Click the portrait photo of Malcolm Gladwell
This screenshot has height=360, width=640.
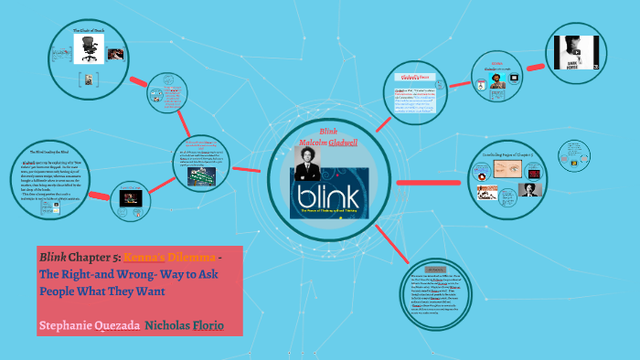click(x=308, y=164)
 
